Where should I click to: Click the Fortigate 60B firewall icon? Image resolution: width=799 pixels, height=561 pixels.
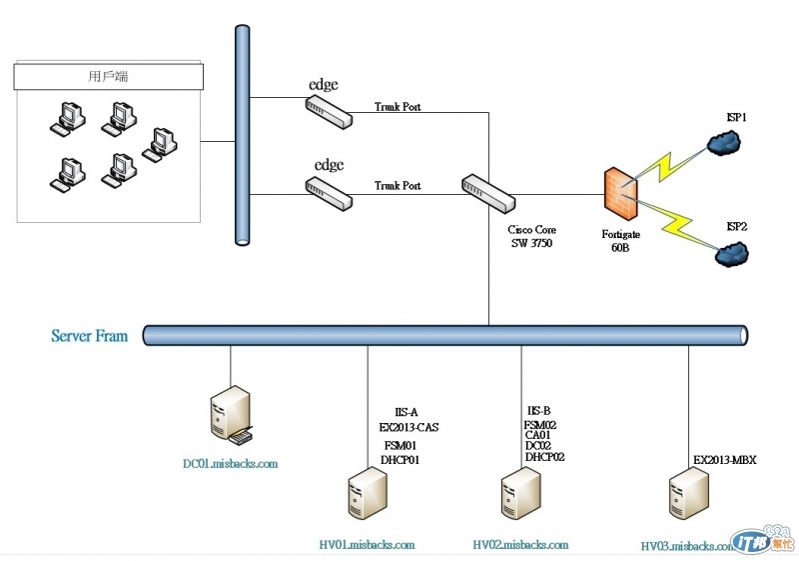[621, 195]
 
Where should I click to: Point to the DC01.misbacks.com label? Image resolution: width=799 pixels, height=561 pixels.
[230, 463]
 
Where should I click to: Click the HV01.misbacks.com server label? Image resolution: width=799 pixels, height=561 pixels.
[367, 545]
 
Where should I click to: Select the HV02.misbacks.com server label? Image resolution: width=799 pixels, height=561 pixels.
[520, 545]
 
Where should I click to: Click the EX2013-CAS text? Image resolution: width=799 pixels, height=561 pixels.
[409, 427]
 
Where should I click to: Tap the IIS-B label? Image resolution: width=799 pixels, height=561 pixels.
[538, 411]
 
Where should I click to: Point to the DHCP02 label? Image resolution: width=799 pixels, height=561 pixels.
[544, 457]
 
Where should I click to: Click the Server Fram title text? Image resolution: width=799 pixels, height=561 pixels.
[90, 336]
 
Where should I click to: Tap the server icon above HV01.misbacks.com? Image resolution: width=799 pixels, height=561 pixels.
[364, 497]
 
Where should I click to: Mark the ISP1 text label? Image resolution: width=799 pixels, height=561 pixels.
[737, 118]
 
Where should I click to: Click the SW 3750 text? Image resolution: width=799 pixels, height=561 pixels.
[531, 243]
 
